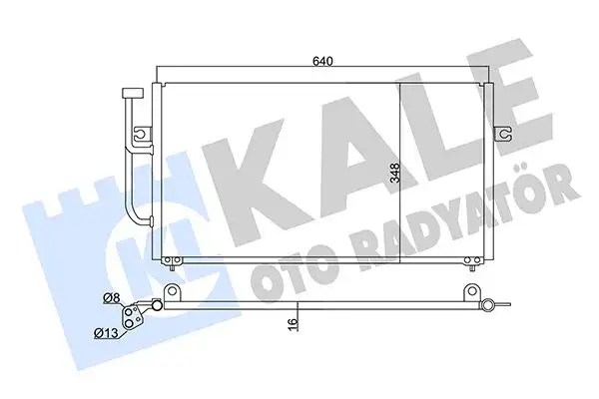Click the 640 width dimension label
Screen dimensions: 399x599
(x=321, y=61)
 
